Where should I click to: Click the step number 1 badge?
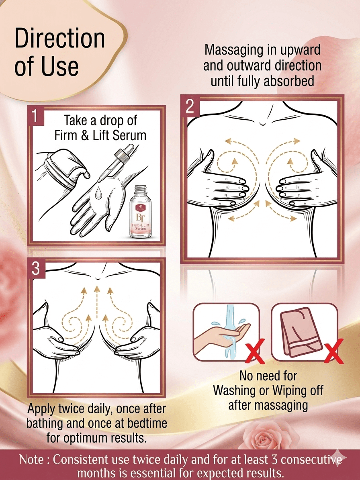(x=36, y=116)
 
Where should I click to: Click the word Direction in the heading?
(x=60, y=38)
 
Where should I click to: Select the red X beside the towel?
(x=333, y=351)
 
